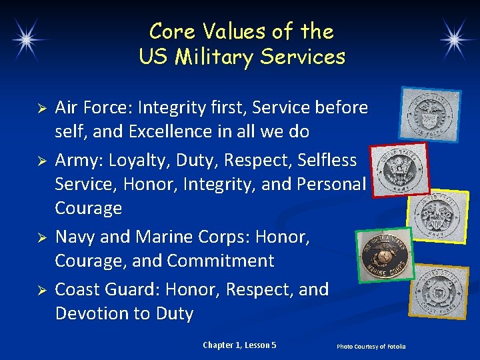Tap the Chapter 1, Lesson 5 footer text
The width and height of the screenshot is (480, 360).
pos(239,345)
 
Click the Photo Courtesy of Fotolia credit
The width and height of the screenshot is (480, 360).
pos(371,347)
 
